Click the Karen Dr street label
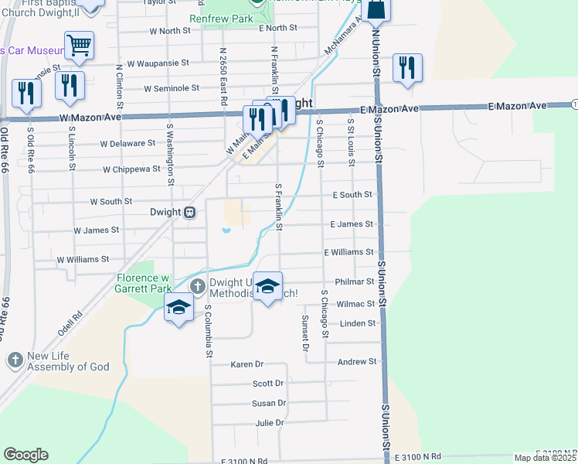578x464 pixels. point(247,364)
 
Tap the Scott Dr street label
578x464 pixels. point(268,384)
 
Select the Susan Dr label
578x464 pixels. point(269,404)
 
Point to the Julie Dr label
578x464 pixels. point(270,424)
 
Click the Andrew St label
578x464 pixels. point(357,362)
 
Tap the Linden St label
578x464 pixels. point(357,323)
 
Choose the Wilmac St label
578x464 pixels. point(355,305)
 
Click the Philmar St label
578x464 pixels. point(355,283)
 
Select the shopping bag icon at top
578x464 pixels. point(376,9)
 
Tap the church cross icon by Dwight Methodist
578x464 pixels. point(197,286)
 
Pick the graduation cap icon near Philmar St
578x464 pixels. point(268,287)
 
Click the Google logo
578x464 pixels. point(25,455)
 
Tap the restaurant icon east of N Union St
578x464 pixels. point(406,67)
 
